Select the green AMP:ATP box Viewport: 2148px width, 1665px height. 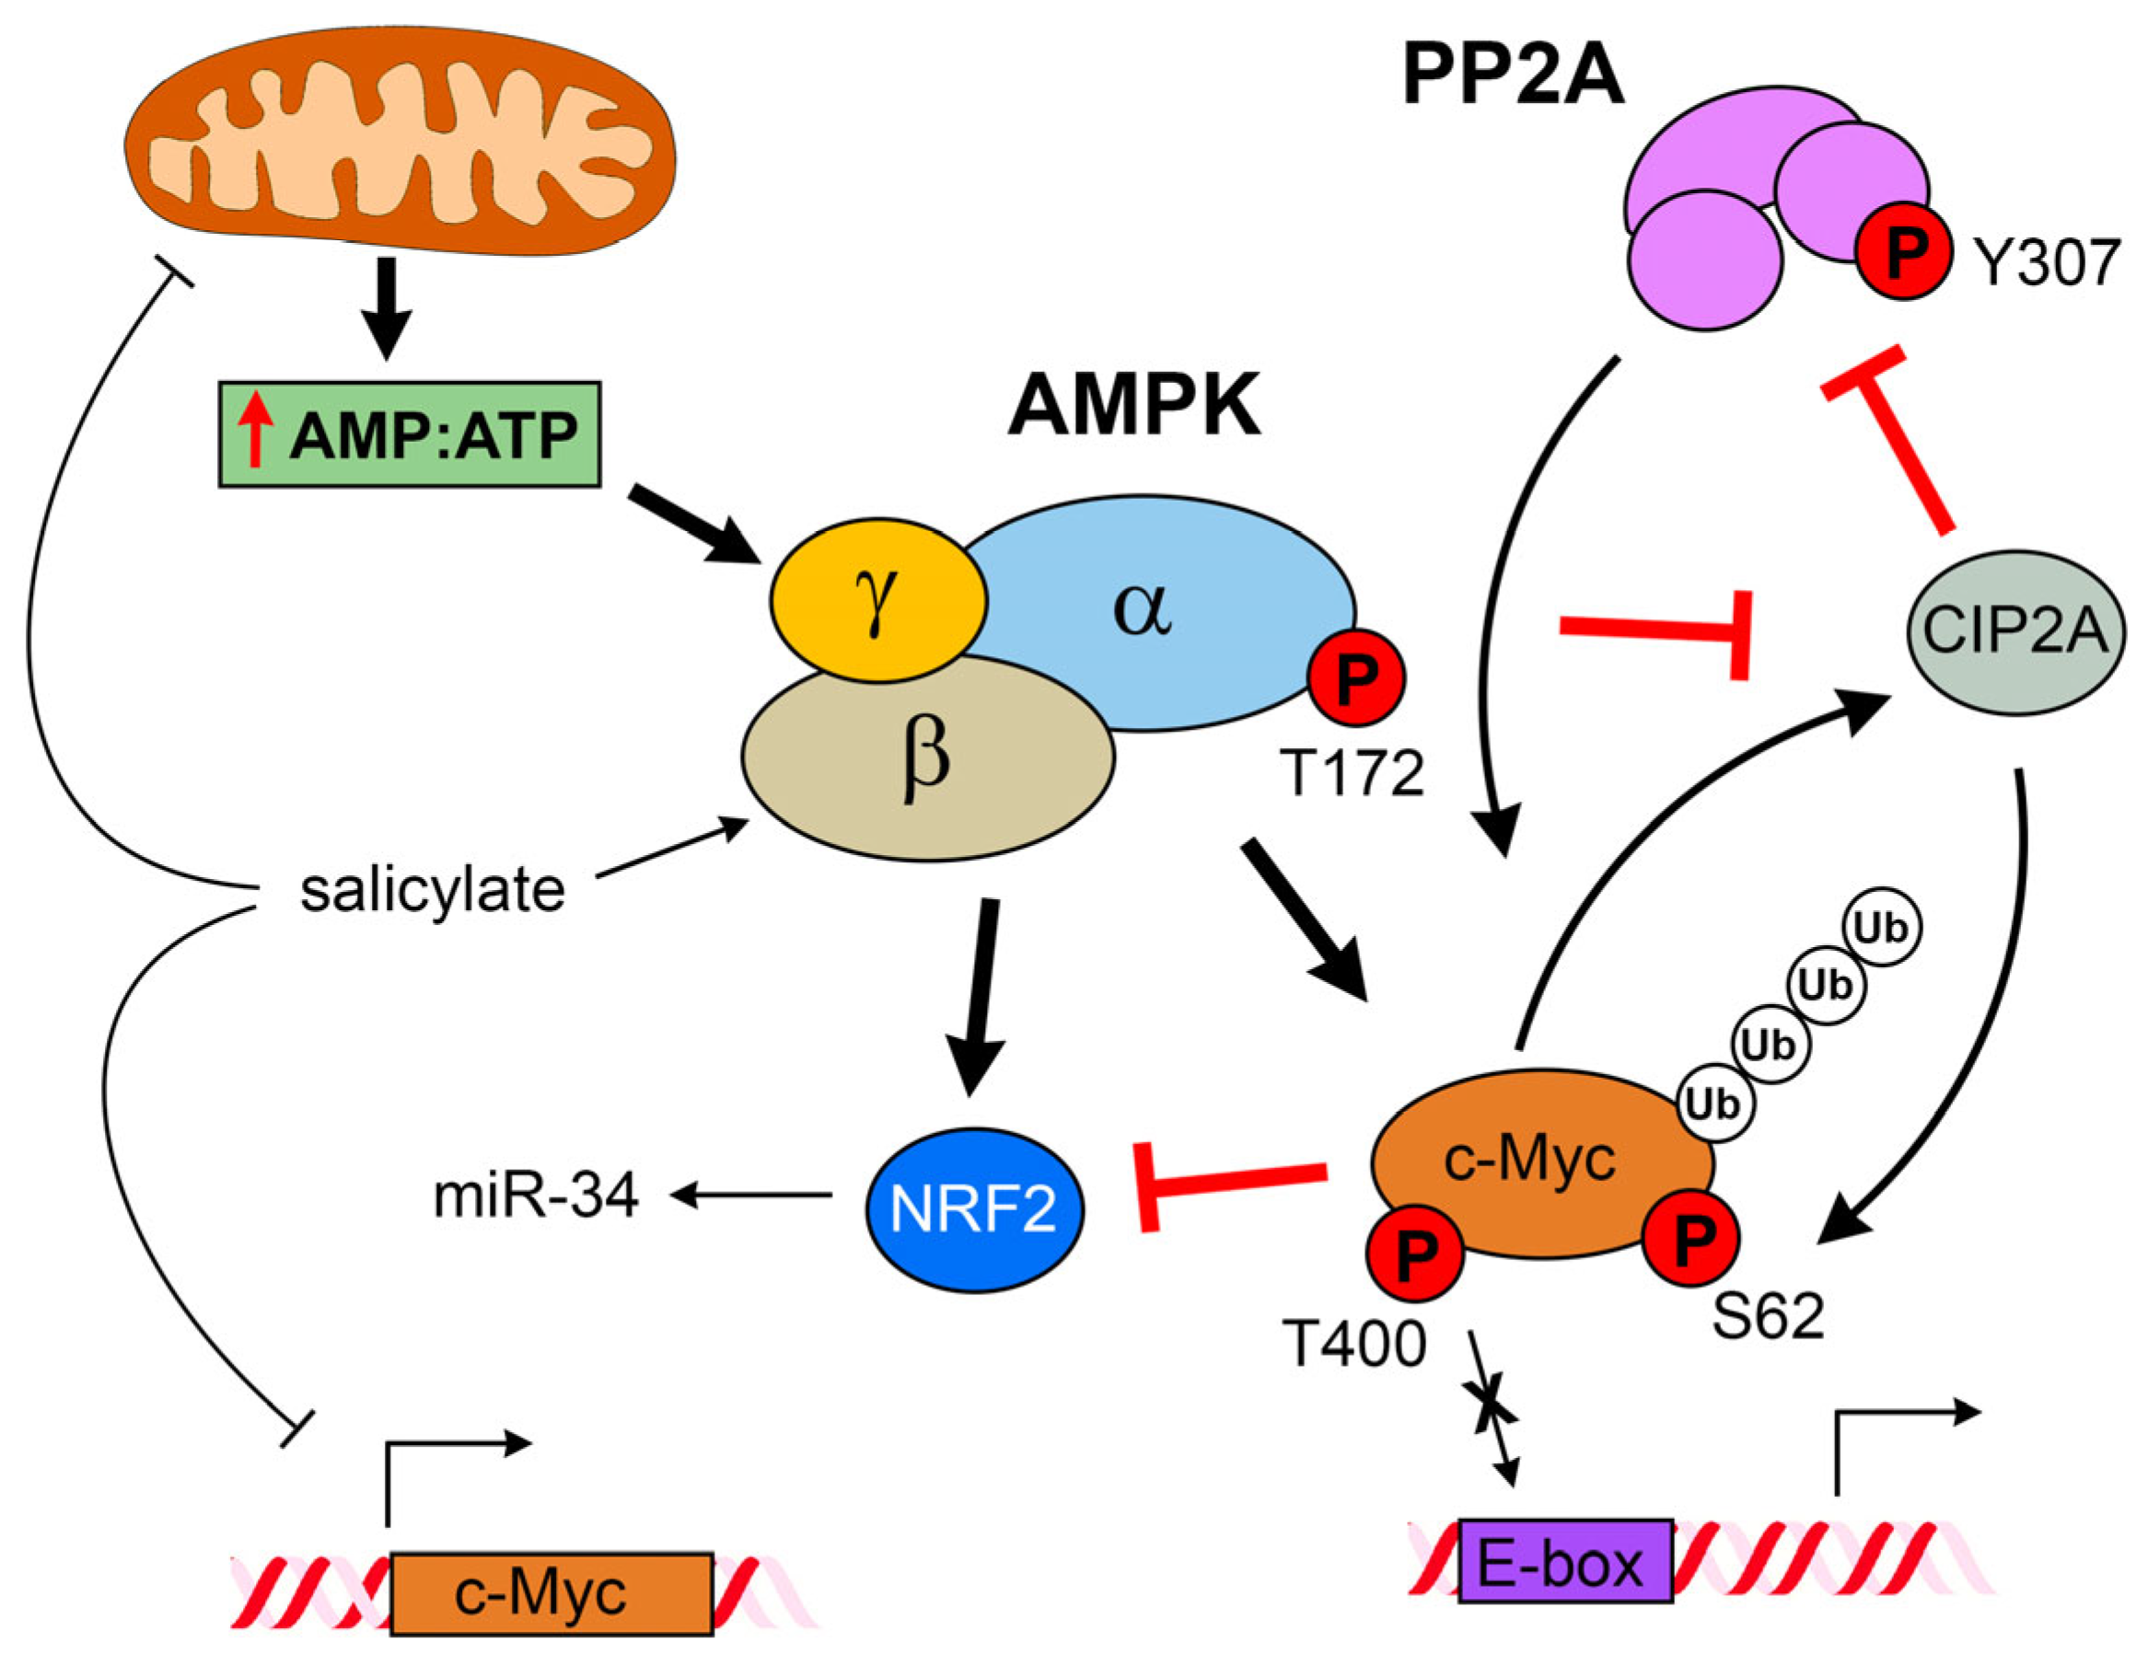[x=409, y=434]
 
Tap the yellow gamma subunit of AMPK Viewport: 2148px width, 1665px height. [x=878, y=601]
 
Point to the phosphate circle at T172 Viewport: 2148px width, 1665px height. [x=1356, y=677]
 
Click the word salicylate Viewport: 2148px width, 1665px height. [x=433, y=890]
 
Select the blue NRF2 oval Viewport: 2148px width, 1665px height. [x=974, y=1209]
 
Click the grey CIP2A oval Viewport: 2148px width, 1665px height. [x=2015, y=631]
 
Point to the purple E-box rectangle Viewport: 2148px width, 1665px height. [x=1565, y=1562]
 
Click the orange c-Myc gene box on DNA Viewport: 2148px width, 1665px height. [x=551, y=1593]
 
